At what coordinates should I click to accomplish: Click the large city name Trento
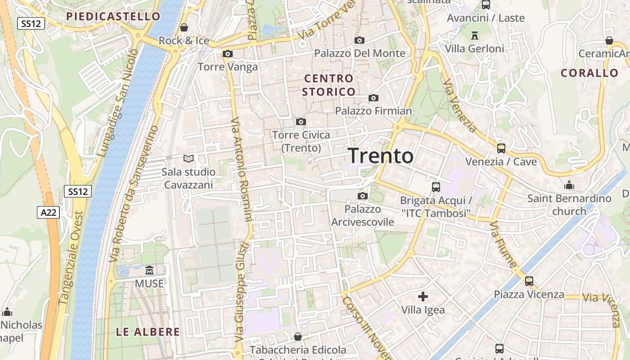pos(381,156)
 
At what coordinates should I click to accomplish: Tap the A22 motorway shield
pos(48,212)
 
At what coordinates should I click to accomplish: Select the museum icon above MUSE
pos(149,270)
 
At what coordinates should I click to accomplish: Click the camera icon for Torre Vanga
pos(228,54)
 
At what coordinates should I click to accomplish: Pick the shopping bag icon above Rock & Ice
pos(184,27)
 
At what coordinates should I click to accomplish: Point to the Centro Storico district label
pos(329,85)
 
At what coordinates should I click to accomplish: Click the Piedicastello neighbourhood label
pos(113,17)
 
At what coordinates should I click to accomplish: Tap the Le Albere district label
pos(148,332)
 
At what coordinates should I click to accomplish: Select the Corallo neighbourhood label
pos(589,73)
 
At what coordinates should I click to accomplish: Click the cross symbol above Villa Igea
pos(423,297)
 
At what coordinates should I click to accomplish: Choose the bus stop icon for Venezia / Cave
pos(501,148)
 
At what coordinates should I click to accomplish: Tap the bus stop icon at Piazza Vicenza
pos(529,281)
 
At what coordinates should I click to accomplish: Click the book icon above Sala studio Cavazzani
pos(189,158)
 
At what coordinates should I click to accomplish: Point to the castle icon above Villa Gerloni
pos(474,35)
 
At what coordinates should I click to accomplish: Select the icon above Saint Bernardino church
pos(569,185)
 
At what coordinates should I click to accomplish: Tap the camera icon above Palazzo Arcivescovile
pos(362,196)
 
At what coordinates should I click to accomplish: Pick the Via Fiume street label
pos(504,244)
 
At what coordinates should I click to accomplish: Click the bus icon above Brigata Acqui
pos(436,187)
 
